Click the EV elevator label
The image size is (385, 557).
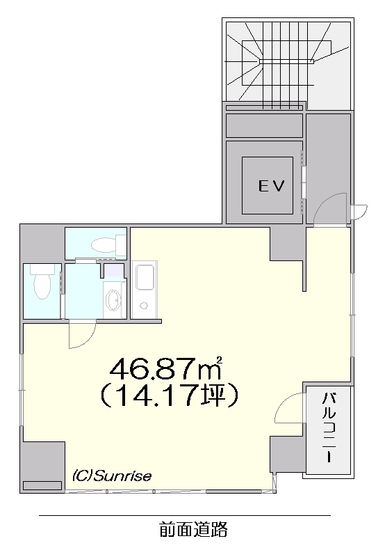[272, 185]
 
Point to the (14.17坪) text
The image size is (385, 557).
[169, 396]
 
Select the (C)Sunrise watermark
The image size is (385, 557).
[112, 476]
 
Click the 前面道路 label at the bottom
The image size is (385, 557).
[193, 529]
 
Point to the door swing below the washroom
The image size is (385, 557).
[82, 335]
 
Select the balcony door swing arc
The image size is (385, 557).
[288, 408]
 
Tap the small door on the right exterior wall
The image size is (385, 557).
[360, 212]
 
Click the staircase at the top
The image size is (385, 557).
[288, 63]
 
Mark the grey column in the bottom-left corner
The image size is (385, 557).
[42, 466]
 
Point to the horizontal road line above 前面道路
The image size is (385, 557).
[185, 515]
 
